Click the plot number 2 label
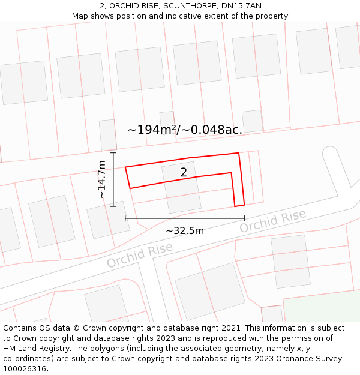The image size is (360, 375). [x=184, y=173]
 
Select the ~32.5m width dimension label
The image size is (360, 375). [x=184, y=230]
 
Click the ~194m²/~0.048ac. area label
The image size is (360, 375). [x=185, y=130]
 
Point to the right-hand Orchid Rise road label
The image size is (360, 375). [x=272, y=221]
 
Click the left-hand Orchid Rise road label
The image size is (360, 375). [x=140, y=256]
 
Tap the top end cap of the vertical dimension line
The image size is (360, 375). [x=113, y=153]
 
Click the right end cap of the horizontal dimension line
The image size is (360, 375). [x=244, y=218]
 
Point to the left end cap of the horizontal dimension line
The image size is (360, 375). [x=125, y=218]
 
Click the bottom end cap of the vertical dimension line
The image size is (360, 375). [x=113, y=206]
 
